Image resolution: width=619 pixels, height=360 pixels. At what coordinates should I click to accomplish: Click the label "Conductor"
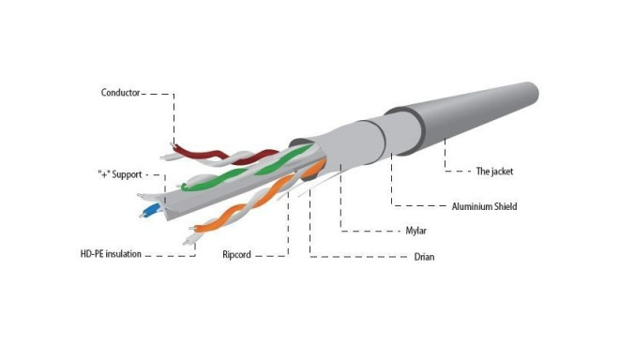120,92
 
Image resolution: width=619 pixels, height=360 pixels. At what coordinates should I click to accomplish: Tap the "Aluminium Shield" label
483,205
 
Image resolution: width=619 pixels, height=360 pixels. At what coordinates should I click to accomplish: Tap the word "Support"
129,174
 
